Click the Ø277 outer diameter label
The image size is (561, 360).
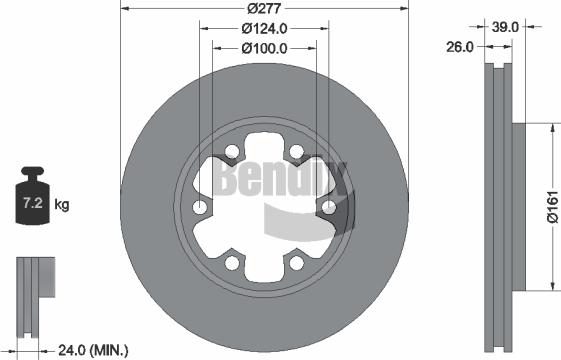pyautogui.click(x=264, y=8)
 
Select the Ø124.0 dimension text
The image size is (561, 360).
pyautogui.click(x=264, y=28)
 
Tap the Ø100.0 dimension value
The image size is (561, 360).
pyautogui.click(x=264, y=47)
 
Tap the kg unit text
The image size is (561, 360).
pyautogui.click(x=62, y=205)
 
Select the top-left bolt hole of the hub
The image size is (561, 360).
pyautogui.click(x=232, y=153)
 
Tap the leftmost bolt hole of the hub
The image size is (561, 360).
pyautogui.click(x=200, y=207)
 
